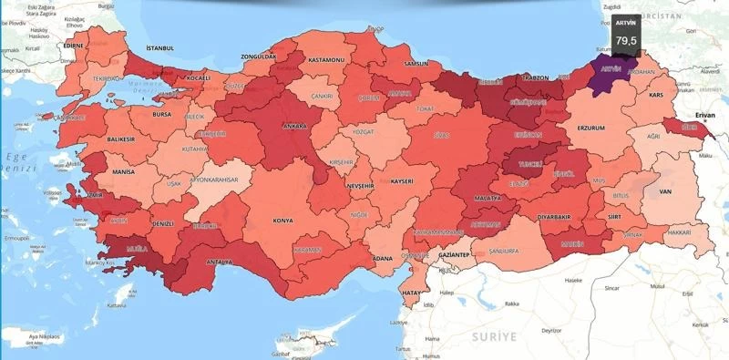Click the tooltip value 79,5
coord(626,41)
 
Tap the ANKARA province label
coord(294,127)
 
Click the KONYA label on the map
coord(283,220)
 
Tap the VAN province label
coord(665,191)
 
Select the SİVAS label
coord(441,134)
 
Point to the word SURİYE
coord(493,336)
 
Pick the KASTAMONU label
coord(325,59)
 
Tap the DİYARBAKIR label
coord(553,218)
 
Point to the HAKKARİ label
coord(679,233)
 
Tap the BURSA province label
coord(162,117)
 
